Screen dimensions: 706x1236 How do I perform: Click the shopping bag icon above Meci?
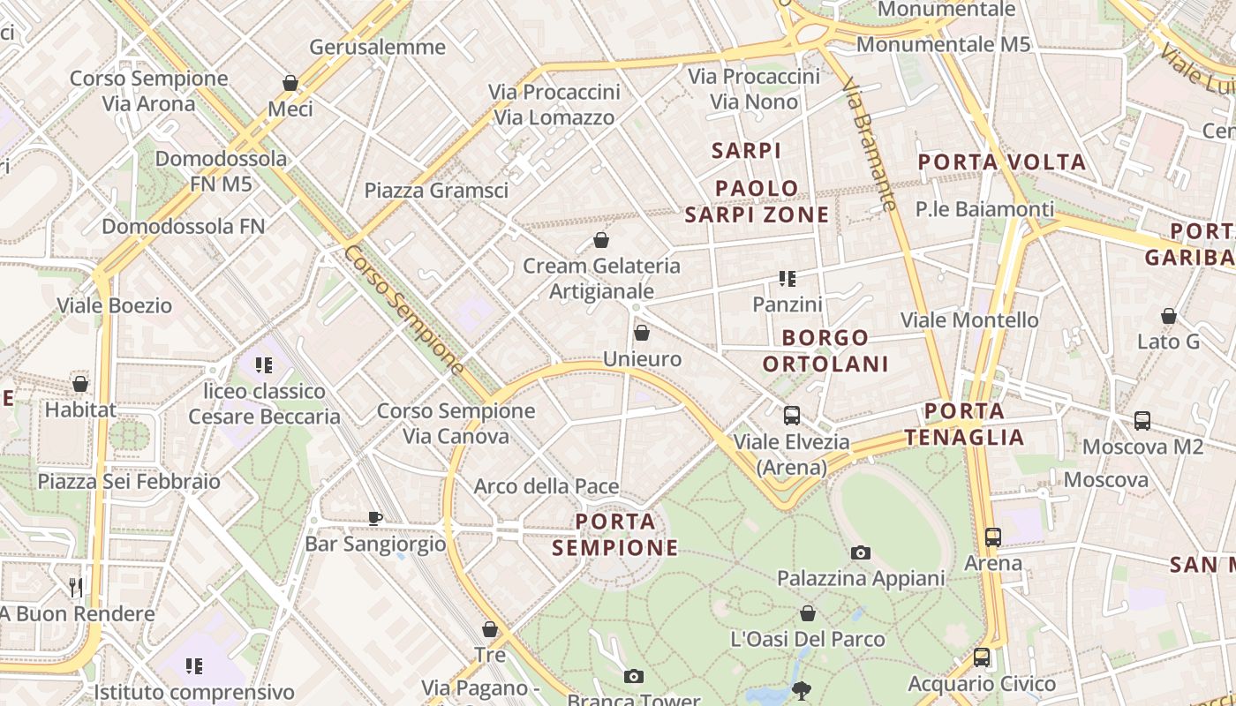(x=290, y=83)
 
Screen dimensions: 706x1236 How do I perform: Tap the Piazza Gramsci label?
(x=436, y=190)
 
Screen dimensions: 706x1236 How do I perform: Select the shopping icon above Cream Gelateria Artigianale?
(x=601, y=239)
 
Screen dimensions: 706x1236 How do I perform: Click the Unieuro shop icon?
(x=642, y=333)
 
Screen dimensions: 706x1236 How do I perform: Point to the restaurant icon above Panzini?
(x=788, y=279)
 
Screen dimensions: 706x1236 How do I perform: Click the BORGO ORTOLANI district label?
(x=825, y=350)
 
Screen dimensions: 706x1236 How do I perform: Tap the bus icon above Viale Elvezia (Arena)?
(x=792, y=415)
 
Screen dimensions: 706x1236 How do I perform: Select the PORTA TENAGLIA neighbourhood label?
(x=965, y=424)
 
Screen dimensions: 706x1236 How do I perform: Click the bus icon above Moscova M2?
(x=1142, y=421)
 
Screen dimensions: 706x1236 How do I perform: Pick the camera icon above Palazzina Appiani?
(x=861, y=552)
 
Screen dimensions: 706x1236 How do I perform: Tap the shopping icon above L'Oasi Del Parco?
(x=808, y=613)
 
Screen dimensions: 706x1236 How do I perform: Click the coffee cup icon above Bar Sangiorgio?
(x=375, y=518)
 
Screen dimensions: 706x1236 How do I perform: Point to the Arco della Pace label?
(x=546, y=486)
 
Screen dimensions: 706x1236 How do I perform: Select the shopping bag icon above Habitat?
(x=80, y=384)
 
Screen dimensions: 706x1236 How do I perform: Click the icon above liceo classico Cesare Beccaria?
(x=264, y=364)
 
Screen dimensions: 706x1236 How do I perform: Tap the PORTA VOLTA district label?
(x=1002, y=161)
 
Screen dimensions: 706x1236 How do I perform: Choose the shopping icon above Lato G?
(x=1169, y=316)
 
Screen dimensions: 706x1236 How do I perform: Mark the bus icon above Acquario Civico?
(x=982, y=657)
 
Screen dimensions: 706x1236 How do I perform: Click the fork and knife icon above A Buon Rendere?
(x=76, y=587)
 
